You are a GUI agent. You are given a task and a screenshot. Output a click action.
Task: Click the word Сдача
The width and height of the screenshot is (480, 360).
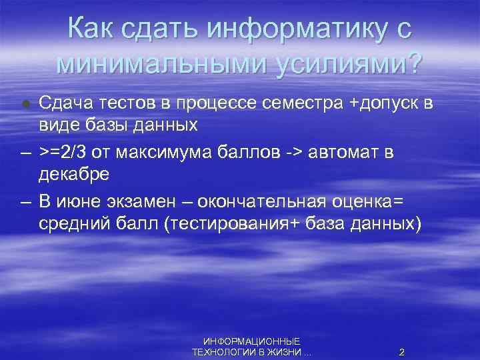[64, 103]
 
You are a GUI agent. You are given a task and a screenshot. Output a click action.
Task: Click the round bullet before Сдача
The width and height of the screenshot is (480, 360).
[25, 104]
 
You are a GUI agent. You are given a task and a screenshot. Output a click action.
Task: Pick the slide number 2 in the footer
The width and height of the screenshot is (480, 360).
[401, 351]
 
